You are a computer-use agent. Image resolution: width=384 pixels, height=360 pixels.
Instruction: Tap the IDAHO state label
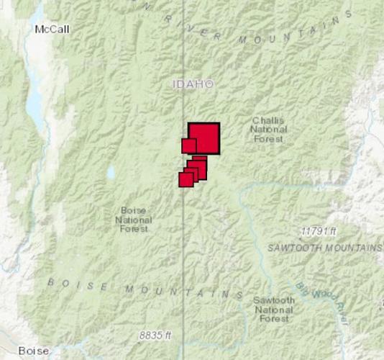pos(193,84)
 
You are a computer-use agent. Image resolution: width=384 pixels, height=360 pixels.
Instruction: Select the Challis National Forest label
pos(268,130)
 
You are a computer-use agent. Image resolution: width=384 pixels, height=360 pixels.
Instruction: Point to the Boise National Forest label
pos(133,219)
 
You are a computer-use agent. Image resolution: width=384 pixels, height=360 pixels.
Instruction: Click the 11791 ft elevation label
pos(319,232)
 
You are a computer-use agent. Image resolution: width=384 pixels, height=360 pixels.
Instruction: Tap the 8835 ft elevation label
pos(155,336)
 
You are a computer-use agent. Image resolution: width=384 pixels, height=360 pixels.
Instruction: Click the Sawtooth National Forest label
pos(274,308)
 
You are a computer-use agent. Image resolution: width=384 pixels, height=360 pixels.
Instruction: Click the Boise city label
pos(34,351)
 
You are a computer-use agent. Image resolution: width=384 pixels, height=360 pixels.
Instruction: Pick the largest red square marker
pos(205,138)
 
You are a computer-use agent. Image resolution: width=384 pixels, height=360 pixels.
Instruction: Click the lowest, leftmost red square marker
pos(186,179)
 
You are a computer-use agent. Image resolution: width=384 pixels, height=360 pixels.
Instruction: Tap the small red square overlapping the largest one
pos(189,145)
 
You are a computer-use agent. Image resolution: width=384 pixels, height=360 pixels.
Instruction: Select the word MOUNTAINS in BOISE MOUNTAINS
pos(184,292)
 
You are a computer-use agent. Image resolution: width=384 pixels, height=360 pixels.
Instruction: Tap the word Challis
pos(268,120)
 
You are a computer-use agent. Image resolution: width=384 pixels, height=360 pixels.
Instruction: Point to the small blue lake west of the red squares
pos(110,173)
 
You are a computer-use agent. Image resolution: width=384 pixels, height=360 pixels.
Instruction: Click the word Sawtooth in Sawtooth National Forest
pos(274,300)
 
